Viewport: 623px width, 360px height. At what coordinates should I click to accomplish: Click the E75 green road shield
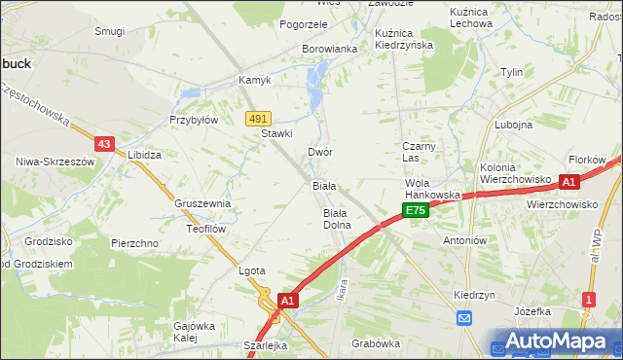415,210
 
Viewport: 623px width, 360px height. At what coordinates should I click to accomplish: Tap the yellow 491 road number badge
258,118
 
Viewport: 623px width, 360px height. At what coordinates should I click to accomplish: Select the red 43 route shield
105,143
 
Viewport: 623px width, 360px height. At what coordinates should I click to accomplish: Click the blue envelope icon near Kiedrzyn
464,317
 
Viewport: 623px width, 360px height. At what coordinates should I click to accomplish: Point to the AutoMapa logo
556,342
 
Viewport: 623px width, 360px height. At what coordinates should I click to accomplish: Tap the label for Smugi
109,31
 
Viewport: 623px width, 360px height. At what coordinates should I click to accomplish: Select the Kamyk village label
256,80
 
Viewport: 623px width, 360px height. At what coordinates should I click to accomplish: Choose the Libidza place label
144,155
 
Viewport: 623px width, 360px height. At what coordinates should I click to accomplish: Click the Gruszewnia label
202,203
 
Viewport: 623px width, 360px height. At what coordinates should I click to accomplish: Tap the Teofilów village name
206,229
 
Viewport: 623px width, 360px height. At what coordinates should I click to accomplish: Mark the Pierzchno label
134,243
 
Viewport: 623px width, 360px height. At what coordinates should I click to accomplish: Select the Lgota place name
252,271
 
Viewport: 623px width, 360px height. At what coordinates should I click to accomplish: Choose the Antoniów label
463,240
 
